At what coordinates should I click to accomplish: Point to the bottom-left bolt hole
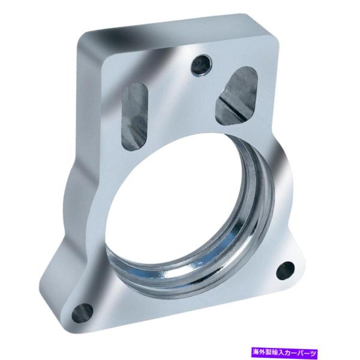tap(83, 313)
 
